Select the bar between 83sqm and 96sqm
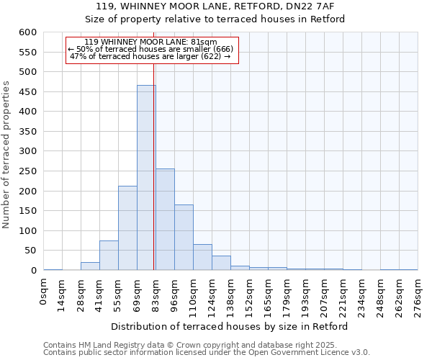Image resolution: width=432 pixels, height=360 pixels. [x=165, y=220]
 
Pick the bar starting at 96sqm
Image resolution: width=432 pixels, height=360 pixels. [x=184, y=238]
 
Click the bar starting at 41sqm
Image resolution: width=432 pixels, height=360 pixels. [x=109, y=256]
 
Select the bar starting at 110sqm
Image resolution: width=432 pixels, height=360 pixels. [x=202, y=258]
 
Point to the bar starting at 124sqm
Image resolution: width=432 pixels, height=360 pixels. [x=221, y=264]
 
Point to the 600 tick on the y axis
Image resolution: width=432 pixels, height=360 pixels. [x=27, y=32]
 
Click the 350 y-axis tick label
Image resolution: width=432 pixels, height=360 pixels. [x=27, y=132]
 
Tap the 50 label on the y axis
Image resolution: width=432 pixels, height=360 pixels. [x=30, y=251]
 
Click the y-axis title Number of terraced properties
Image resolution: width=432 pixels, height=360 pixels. [x=7, y=155]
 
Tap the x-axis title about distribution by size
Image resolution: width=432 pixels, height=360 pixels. [x=230, y=326]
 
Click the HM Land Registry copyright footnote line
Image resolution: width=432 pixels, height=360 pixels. [x=205, y=345]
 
